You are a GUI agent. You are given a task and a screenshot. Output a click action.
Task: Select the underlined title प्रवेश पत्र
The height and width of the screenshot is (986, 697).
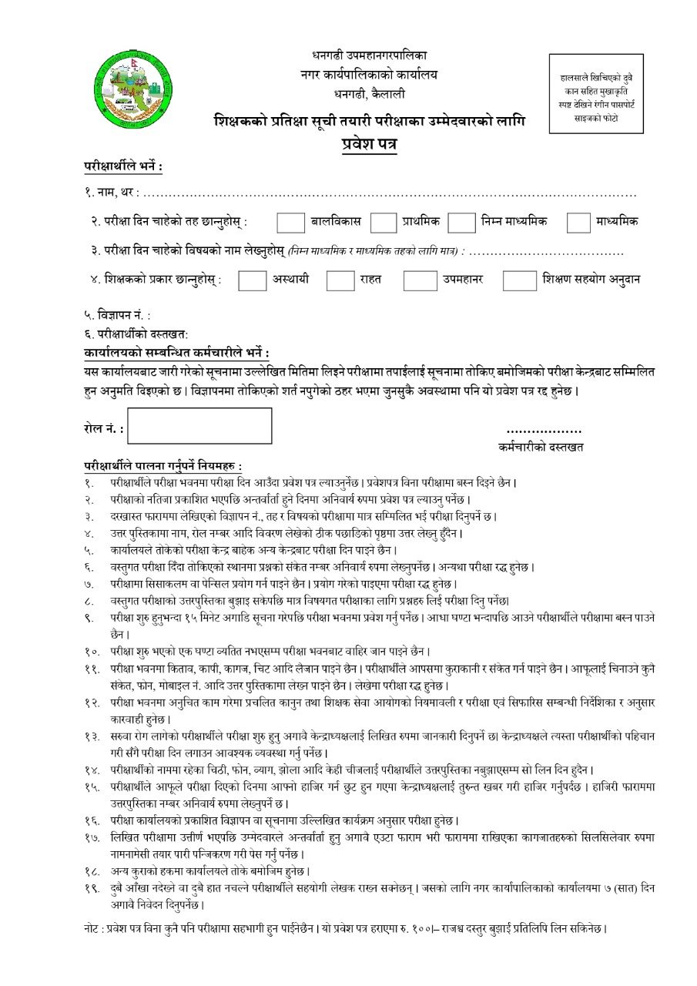pyautogui.click(x=370, y=145)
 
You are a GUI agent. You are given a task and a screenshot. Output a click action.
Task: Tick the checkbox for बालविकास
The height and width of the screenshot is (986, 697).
pyautogui.click(x=290, y=222)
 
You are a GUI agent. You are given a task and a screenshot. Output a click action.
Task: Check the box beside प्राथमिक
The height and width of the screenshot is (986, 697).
pyautogui.click(x=383, y=222)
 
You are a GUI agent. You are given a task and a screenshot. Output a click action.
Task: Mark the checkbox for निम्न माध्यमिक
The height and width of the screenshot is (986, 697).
pyautogui.click(x=461, y=222)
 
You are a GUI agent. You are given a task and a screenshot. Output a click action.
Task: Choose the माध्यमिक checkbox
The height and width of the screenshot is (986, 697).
pyautogui.click(x=578, y=222)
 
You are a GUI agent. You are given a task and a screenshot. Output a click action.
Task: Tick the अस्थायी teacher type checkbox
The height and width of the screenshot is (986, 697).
pyautogui.click(x=252, y=280)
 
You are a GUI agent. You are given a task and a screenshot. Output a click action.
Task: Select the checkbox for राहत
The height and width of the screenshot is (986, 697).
pyautogui.click(x=340, y=280)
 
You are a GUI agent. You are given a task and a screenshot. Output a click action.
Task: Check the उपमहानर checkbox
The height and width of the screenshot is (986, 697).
pyautogui.click(x=420, y=280)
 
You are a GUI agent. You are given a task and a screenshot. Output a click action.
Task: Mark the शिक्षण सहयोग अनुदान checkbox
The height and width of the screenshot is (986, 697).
pyautogui.click(x=519, y=280)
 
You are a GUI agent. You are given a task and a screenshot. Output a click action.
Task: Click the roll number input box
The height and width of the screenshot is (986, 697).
pyautogui.click(x=199, y=426)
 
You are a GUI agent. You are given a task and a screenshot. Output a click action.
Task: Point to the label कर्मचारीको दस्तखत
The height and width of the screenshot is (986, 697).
pyautogui.click(x=541, y=447)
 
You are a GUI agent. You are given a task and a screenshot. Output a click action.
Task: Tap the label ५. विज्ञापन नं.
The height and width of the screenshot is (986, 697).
pyautogui.click(x=117, y=315)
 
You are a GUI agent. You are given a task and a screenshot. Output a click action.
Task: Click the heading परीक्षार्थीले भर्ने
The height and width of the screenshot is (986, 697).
pyautogui.click(x=123, y=166)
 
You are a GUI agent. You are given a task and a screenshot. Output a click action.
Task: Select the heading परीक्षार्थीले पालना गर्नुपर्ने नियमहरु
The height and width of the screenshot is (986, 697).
pyautogui.click(x=163, y=466)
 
